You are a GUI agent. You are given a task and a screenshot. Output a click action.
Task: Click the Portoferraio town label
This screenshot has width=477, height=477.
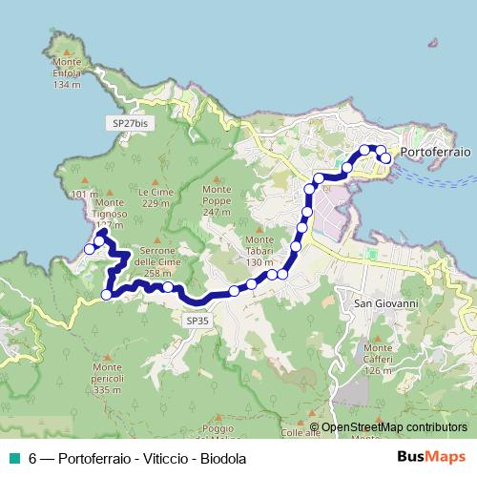[x=437, y=152]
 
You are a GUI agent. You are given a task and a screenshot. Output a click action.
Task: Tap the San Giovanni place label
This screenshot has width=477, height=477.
[x=386, y=303]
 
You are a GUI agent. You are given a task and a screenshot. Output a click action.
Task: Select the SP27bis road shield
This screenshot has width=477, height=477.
[x=130, y=124]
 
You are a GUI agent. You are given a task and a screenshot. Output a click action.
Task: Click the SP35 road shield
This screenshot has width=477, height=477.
[x=197, y=322]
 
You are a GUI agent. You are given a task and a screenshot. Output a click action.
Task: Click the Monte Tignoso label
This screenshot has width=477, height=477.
[x=110, y=207]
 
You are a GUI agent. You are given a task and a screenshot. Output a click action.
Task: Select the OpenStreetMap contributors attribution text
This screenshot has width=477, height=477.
[x=394, y=427]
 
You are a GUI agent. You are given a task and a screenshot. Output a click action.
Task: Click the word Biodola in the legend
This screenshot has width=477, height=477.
[x=224, y=459]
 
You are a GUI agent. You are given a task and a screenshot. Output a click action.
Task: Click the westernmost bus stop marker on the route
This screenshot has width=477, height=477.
[x=90, y=249]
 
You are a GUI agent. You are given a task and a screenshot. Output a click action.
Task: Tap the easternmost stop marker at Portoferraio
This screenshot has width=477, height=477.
[x=386, y=158]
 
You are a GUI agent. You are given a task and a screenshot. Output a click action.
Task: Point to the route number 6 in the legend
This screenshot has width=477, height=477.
[x=32, y=459]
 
